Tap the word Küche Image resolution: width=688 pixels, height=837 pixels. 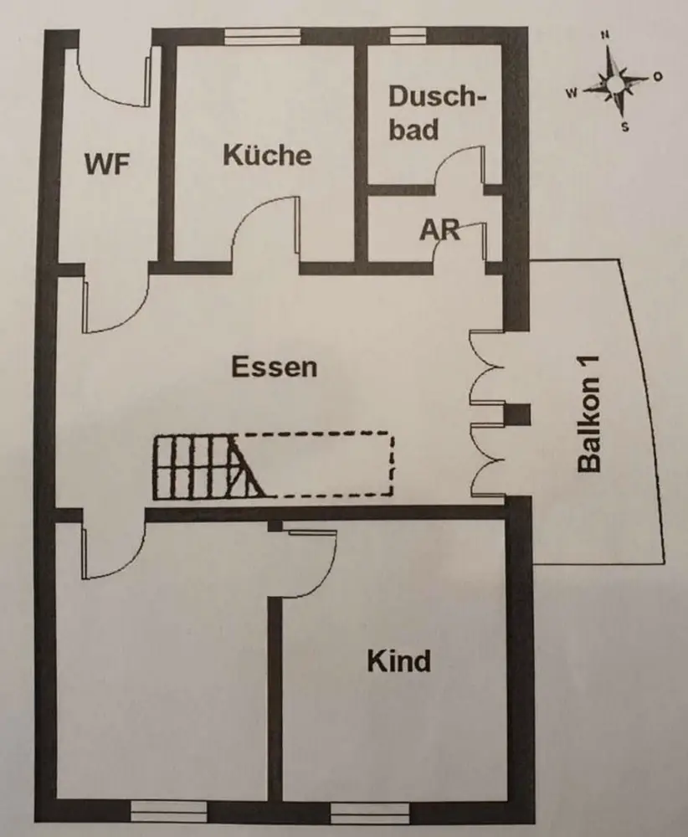(x=267, y=155)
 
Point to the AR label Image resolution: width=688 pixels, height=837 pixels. (x=440, y=229)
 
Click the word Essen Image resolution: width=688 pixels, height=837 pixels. (x=275, y=367)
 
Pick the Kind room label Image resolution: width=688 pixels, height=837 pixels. (x=399, y=660)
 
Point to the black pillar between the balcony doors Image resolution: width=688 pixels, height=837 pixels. (x=518, y=416)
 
